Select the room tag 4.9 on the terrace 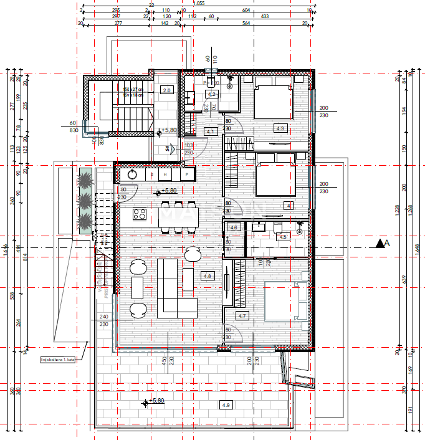pos(225,404)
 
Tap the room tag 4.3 pos(280,128)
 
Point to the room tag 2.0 pos(166,90)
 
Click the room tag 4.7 pos(243,316)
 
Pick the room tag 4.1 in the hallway pos(210,132)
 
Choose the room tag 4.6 pos(234,228)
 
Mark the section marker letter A pos(387,244)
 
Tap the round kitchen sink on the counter pos(133,175)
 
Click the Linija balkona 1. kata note pos(57,360)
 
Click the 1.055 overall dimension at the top pos(199,3)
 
